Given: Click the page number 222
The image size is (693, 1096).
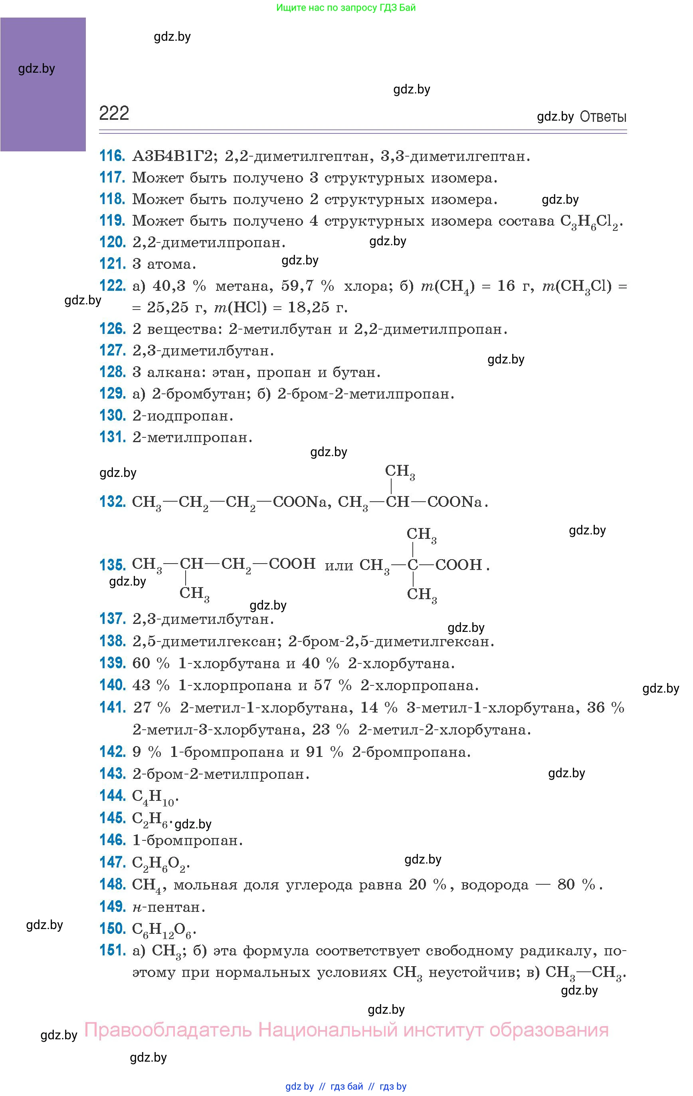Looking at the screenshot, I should point(114,113).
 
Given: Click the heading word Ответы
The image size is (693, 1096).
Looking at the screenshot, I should point(603,117).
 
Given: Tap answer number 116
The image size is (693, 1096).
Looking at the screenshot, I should point(112,156).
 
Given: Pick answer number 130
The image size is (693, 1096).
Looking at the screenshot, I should point(112,415).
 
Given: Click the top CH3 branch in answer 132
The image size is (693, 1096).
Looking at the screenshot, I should point(400,472).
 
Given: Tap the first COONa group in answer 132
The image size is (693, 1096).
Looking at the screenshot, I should point(299,502).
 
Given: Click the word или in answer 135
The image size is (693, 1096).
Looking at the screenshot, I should point(339,566).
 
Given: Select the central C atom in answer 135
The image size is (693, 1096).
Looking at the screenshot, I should point(412,565).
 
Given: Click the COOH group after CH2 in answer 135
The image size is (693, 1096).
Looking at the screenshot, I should point(292,564).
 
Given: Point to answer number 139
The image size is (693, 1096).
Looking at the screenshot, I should point(112,663).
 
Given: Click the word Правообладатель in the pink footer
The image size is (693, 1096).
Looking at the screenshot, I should point(168,1030).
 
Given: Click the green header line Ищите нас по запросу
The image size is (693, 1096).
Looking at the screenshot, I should point(346,8).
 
